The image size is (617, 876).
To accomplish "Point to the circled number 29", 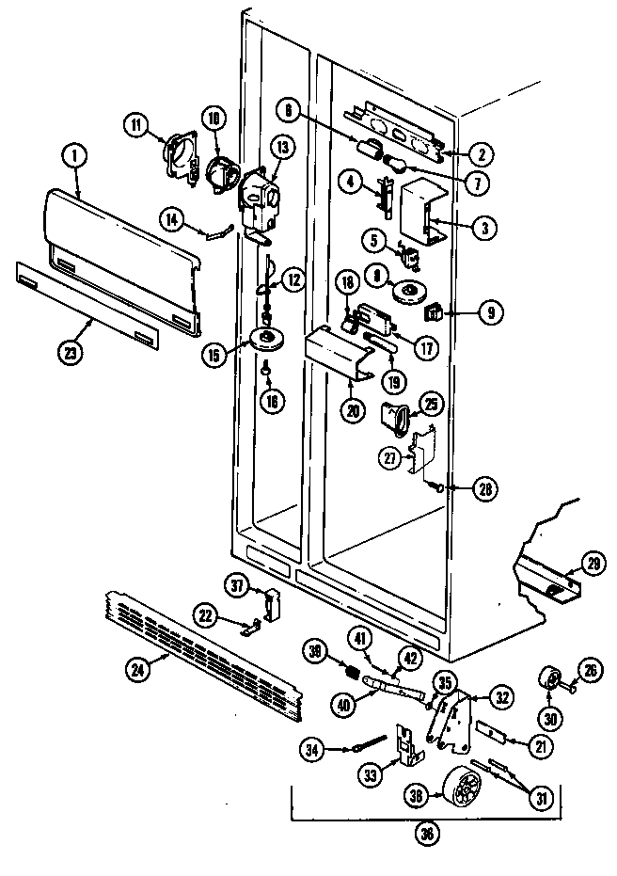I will point(592,564).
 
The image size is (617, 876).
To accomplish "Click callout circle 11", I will point(139,124).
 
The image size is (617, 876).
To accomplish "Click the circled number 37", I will point(237,586).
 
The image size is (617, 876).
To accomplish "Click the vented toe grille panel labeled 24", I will point(207,654).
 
